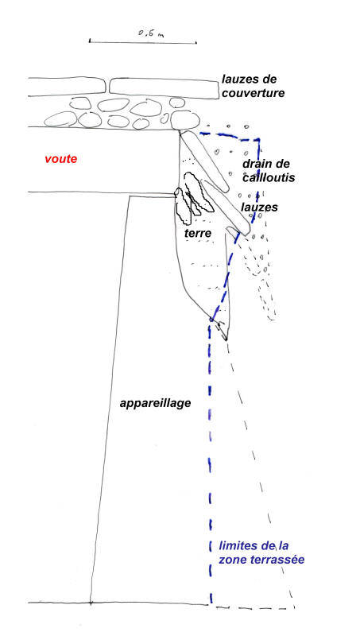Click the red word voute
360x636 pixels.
pos(61,159)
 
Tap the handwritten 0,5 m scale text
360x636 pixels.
pos(151,33)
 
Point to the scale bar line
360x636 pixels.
pos(143,41)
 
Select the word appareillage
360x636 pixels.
pos(155,404)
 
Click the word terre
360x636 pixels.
pos(198,233)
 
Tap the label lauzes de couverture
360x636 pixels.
pos(253,86)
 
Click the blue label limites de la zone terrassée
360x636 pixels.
pos(261,553)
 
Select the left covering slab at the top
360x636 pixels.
pos(67,87)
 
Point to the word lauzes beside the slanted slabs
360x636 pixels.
pos(259,207)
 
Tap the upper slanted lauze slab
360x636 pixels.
pos(205,161)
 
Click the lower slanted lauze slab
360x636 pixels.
pos(226,207)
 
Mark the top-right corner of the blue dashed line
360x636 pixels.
pos(259,140)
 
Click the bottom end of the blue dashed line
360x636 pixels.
pos(211,602)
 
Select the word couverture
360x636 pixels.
pos(253,93)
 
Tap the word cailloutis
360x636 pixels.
pos(269,177)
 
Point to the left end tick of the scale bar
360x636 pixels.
pos(90,41)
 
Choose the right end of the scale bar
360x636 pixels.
pos(196,42)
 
